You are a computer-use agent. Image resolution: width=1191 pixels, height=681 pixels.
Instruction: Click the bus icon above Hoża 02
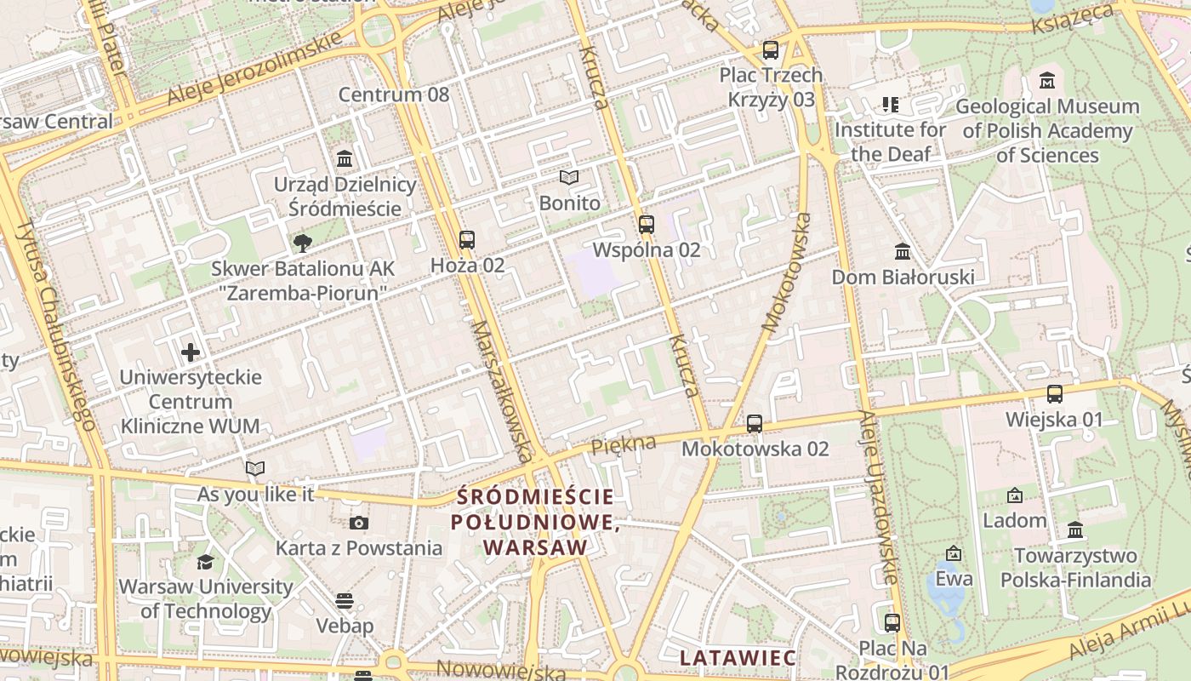click(x=466, y=240)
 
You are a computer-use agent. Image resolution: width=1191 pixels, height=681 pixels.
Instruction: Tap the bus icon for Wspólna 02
click(x=647, y=225)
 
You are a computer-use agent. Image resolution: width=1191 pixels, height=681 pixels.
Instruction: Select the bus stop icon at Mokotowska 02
click(x=755, y=424)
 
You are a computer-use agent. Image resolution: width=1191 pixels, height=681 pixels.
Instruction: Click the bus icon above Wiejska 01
click(x=1055, y=394)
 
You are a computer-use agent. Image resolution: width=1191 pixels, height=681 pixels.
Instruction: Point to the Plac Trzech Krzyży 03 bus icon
click(x=771, y=50)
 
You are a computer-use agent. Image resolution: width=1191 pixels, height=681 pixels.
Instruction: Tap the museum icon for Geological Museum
click(x=1047, y=81)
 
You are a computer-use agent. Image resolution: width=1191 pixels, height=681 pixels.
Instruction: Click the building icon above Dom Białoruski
click(x=903, y=252)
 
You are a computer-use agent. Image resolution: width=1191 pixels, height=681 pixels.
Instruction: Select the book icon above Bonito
click(x=569, y=178)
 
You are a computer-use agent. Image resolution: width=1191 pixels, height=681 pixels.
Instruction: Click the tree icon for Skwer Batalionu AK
click(x=302, y=243)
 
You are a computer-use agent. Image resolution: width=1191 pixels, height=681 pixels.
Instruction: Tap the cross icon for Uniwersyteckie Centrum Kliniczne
click(x=191, y=352)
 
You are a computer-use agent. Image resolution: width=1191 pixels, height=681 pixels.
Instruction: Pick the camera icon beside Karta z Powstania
click(x=359, y=523)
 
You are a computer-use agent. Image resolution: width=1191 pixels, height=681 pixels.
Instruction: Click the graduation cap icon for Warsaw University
click(x=205, y=562)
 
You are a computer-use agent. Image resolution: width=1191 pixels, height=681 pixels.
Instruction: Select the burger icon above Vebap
click(x=345, y=601)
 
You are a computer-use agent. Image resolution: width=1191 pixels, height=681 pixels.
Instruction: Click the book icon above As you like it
click(x=255, y=468)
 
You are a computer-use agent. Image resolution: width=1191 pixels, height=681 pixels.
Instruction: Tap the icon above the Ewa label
click(x=954, y=553)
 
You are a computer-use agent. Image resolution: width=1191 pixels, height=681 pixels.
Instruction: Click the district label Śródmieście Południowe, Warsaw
click(x=535, y=521)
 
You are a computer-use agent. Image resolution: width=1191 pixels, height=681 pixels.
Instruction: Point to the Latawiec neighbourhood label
click(x=738, y=657)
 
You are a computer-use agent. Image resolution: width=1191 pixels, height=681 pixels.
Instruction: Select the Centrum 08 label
click(x=394, y=94)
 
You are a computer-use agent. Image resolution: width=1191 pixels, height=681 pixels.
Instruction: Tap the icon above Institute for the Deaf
click(x=890, y=105)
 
